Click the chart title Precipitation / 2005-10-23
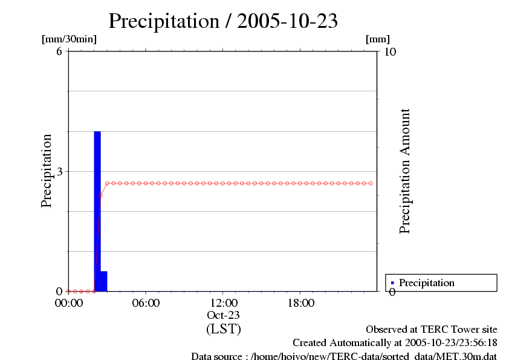pyautogui.click(x=223, y=21)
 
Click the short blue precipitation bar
pyautogui.click(x=103, y=281)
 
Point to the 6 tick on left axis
pyautogui.click(x=59, y=51)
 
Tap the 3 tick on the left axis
pyautogui.click(x=59, y=171)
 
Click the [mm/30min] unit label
pyautogui.click(x=69, y=39)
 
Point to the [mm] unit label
pyautogui.click(x=378, y=39)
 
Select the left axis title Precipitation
pyautogui.click(x=47, y=171)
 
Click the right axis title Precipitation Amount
pyautogui.click(x=405, y=171)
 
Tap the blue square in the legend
pyautogui.click(x=392, y=283)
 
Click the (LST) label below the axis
pyautogui.click(x=224, y=329)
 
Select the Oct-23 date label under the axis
pyautogui.click(x=224, y=315)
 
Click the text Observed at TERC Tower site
pyautogui.click(x=432, y=330)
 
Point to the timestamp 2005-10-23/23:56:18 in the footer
pyautogui.click(x=447, y=343)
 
